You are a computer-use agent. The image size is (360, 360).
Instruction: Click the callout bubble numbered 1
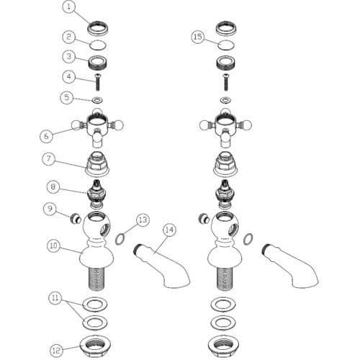(69, 7)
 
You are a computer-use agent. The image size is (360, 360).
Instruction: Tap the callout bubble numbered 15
(198, 37)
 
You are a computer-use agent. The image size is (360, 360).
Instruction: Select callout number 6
(46, 136)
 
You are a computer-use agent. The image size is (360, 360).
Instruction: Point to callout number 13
(143, 220)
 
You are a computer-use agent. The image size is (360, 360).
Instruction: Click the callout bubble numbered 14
(169, 230)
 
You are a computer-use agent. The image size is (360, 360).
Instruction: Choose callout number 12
(56, 351)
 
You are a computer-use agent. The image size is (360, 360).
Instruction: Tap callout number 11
(55, 298)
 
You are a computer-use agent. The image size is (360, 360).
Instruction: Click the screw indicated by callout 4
(97, 82)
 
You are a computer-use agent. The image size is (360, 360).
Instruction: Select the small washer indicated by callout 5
(98, 99)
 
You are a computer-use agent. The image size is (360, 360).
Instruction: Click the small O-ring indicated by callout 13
(120, 239)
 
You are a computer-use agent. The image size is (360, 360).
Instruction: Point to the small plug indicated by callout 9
(76, 219)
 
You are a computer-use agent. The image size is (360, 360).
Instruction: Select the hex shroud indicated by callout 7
(97, 164)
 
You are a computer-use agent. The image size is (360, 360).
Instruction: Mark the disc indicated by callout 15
(226, 45)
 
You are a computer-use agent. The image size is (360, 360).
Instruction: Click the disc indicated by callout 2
(98, 45)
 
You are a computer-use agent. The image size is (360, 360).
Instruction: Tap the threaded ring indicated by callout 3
(98, 63)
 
